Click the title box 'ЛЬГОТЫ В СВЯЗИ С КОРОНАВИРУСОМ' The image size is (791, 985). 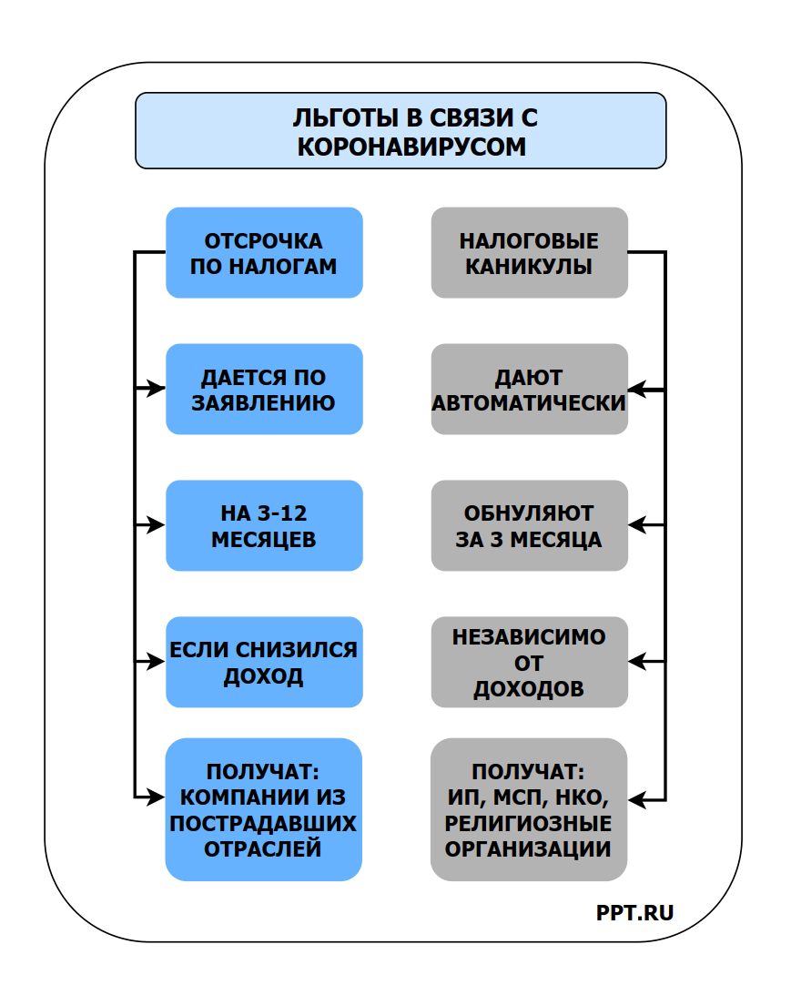pos(401,130)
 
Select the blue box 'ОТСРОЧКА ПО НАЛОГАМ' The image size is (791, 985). pos(264,252)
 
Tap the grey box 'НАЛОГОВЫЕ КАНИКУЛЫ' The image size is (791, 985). pos(529,252)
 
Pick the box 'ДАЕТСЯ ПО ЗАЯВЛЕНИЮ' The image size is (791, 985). pos(264,389)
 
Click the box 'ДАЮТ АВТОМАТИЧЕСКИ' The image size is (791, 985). pos(529,389)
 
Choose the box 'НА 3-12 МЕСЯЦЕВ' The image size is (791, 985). pos(264,525)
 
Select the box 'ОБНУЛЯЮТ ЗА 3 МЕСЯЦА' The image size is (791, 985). pos(529,525)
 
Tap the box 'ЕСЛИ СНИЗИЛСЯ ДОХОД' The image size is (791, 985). pos(264,662)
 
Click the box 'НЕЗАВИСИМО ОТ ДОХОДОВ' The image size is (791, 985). pos(529,662)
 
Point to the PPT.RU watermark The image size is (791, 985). pos(635,913)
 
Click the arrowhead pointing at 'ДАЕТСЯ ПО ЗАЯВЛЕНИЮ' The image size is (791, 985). pos(157,389)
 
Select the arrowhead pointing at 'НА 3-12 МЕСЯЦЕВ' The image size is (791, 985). pos(157,525)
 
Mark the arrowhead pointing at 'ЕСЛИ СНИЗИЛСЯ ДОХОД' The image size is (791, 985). pos(157,662)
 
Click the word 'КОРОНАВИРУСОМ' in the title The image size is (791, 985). pos(411,147)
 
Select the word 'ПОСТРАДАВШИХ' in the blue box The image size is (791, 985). pos(264,824)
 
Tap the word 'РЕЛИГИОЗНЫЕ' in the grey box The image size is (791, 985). pos(529,824)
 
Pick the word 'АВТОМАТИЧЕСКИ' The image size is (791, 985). pos(529,401)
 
